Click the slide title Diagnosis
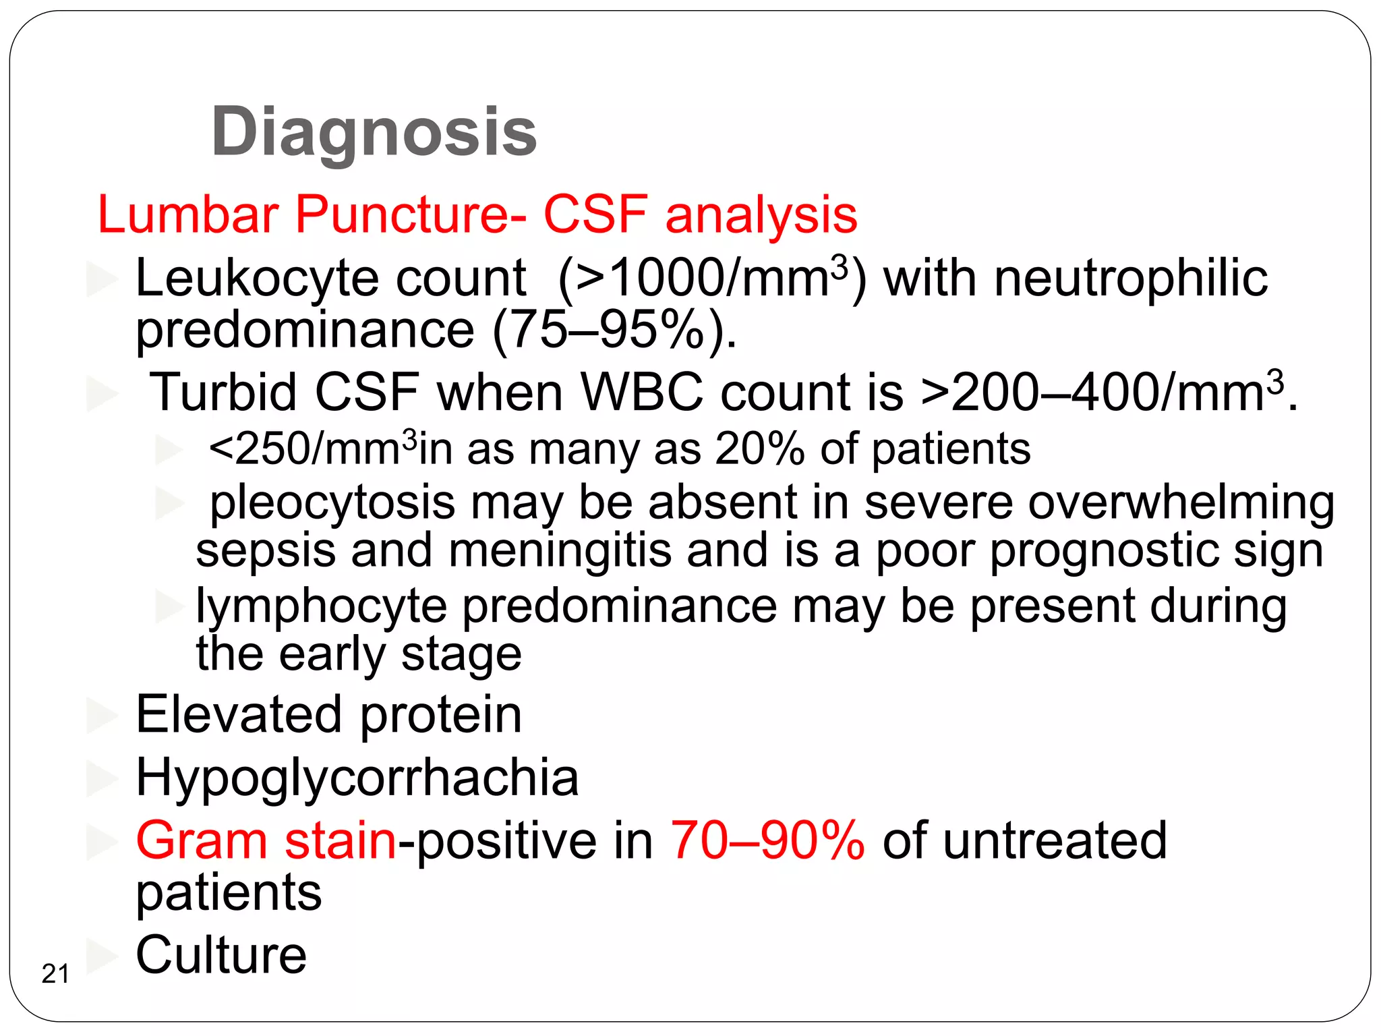[374, 133]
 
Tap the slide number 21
[55, 974]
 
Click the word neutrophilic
[1131, 278]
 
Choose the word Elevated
[239, 714]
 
